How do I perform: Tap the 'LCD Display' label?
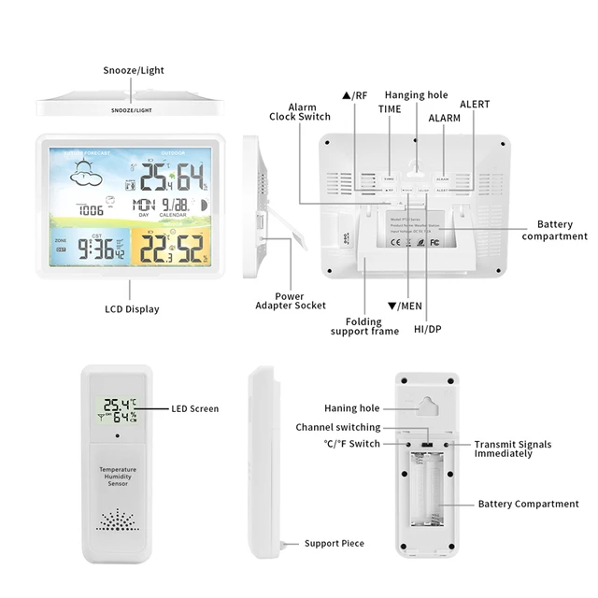[131, 309]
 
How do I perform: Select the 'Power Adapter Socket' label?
[291, 300]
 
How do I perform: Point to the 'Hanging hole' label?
[416, 95]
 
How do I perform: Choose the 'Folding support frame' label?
[358, 326]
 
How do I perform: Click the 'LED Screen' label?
[194, 408]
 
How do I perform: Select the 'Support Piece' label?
[335, 543]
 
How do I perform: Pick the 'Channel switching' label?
[338, 427]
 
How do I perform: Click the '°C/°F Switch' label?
[352, 444]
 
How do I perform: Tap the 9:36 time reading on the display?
[96, 249]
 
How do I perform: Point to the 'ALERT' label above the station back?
[474, 105]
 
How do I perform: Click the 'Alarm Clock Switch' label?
[300, 111]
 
